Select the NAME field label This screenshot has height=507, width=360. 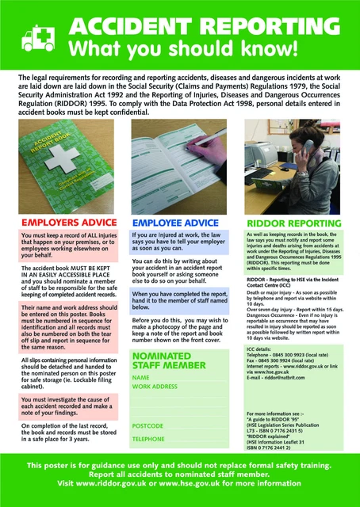click(x=141, y=378)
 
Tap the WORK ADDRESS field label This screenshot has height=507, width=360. click(x=155, y=387)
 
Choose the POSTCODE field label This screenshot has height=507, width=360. click(x=148, y=426)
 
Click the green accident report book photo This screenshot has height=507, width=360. click(x=69, y=163)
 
